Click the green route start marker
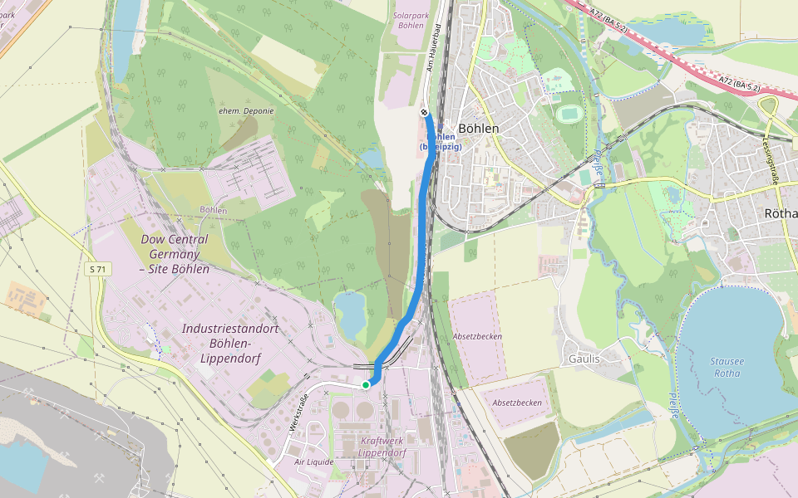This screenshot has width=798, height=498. coord(365,384)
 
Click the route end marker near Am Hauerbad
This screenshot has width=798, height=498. coord(424,112)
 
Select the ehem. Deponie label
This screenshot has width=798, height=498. coord(246,110)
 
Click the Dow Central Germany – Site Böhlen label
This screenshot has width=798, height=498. coord(175,254)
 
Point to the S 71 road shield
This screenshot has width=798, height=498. coord(98,269)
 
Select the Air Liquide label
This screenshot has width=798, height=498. coord(313,461)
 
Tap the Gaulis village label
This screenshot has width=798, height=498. coord(584,359)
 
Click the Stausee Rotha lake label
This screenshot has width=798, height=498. coord(727,366)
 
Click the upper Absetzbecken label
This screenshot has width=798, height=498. coord(477,337)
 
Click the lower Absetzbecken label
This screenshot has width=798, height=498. coord(517,403)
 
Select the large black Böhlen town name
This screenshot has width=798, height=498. coord(479,129)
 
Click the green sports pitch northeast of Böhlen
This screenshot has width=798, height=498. coord(569,112)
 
